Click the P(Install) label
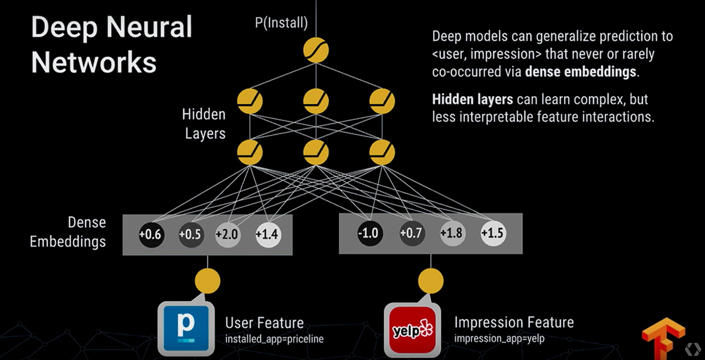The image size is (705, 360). pyautogui.click(x=281, y=23)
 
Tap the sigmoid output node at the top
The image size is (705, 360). pyautogui.click(x=316, y=50)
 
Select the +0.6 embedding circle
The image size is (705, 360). pyautogui.click(x=151, y=234)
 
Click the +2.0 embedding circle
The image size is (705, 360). pyautogui.click(x=227, y=234)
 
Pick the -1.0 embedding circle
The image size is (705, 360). pyautogui.click(x=369, y=233)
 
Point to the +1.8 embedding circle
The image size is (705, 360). pyautogui.click(x=452, y=233)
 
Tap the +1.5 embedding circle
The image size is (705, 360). pyautogui.click(x=493, y=233)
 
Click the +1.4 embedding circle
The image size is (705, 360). pyautogui.click(x=268, y=234)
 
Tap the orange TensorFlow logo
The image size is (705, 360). pyautogui.click(x=663, y=337)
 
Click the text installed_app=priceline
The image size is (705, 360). pyautogui.click(x=274, y=339)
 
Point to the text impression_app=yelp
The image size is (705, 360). pyautogui.click(x=499, y=338)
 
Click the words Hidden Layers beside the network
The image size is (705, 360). pyautogui.click(x=204, y=124)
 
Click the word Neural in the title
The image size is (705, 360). pyautogui.click(x=149, y=27)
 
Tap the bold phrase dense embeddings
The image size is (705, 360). pyautogui.click(x=581, y=72)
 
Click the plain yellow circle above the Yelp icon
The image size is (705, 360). pyautogui.click(x=431, y=281)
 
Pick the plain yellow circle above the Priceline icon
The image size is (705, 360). pyautogui.click(x=207, y=281)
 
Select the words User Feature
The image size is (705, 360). pyautogui.click(x=264, y=323)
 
